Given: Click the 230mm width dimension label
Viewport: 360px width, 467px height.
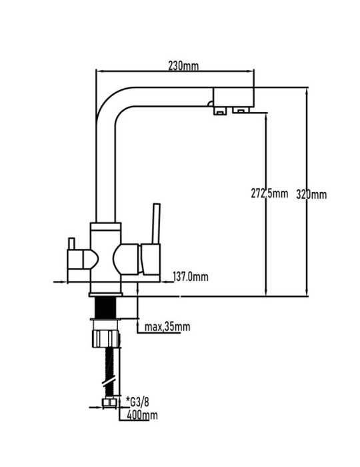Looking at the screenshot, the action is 183,66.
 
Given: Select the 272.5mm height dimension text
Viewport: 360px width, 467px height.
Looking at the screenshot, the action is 269,193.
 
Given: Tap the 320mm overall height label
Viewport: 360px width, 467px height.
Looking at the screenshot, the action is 311,195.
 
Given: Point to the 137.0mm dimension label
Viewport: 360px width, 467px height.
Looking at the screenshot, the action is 191,277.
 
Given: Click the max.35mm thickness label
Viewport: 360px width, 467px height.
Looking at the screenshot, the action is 167,327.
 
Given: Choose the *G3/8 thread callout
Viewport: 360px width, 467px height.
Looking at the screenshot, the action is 137,402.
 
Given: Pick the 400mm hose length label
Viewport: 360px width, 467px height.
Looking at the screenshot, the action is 142,415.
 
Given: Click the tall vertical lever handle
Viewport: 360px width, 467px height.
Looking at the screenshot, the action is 156,223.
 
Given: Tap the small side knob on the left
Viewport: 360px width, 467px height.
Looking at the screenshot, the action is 71,244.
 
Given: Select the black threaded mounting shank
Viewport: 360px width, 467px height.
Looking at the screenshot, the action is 105,308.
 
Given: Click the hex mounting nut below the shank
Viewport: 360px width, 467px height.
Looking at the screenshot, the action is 106,338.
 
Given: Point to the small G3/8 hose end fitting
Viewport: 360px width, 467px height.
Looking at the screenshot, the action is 109,403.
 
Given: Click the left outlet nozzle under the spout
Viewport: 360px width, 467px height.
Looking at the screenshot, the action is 220,111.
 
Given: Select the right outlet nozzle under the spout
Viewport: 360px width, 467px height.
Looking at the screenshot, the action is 241,110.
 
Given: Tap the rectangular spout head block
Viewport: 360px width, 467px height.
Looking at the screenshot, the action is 233,97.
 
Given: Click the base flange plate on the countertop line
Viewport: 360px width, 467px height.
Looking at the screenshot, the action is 105,295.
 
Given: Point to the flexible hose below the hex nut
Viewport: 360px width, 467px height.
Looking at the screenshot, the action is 110,372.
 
